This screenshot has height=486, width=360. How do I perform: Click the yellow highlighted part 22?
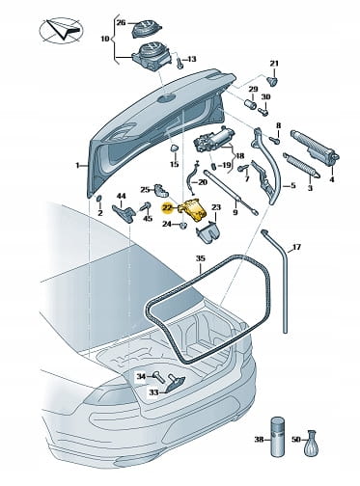tap(191, 209)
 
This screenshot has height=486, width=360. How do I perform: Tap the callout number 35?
tap(200, 258)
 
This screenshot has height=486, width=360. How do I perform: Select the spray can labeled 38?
tap(277, 436)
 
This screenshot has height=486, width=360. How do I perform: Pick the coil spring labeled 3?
tap(301, 165)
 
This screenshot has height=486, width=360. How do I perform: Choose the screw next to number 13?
tap(180, 61)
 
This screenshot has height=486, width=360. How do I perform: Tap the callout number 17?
tap(296, 247)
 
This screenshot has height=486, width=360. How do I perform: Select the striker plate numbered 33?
tap(175, 385)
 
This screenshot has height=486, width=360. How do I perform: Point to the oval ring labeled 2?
tap(99, 200)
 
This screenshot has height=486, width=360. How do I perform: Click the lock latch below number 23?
tap(207, 230)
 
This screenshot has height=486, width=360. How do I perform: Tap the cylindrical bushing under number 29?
tap(251, 103)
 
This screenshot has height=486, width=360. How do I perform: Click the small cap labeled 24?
tap(182, 225)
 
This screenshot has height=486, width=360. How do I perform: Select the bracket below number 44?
tap(124, 213)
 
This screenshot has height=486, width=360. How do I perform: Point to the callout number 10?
tap(105, 40)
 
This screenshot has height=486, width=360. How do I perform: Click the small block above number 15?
tap(175, 148)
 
